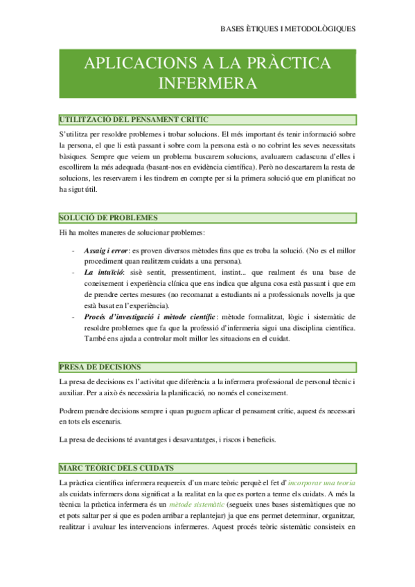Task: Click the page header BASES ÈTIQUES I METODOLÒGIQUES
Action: tap(287, 29)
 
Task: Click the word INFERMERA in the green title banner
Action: tap(208, 83)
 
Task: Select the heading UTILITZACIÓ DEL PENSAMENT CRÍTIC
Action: tap(134, 120)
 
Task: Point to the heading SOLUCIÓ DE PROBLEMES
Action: tap(109, 218)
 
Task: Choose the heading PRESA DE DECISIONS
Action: tap(100, 367)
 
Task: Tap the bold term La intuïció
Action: tap(99, 273)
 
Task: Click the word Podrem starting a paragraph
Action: tap(73, 410)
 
